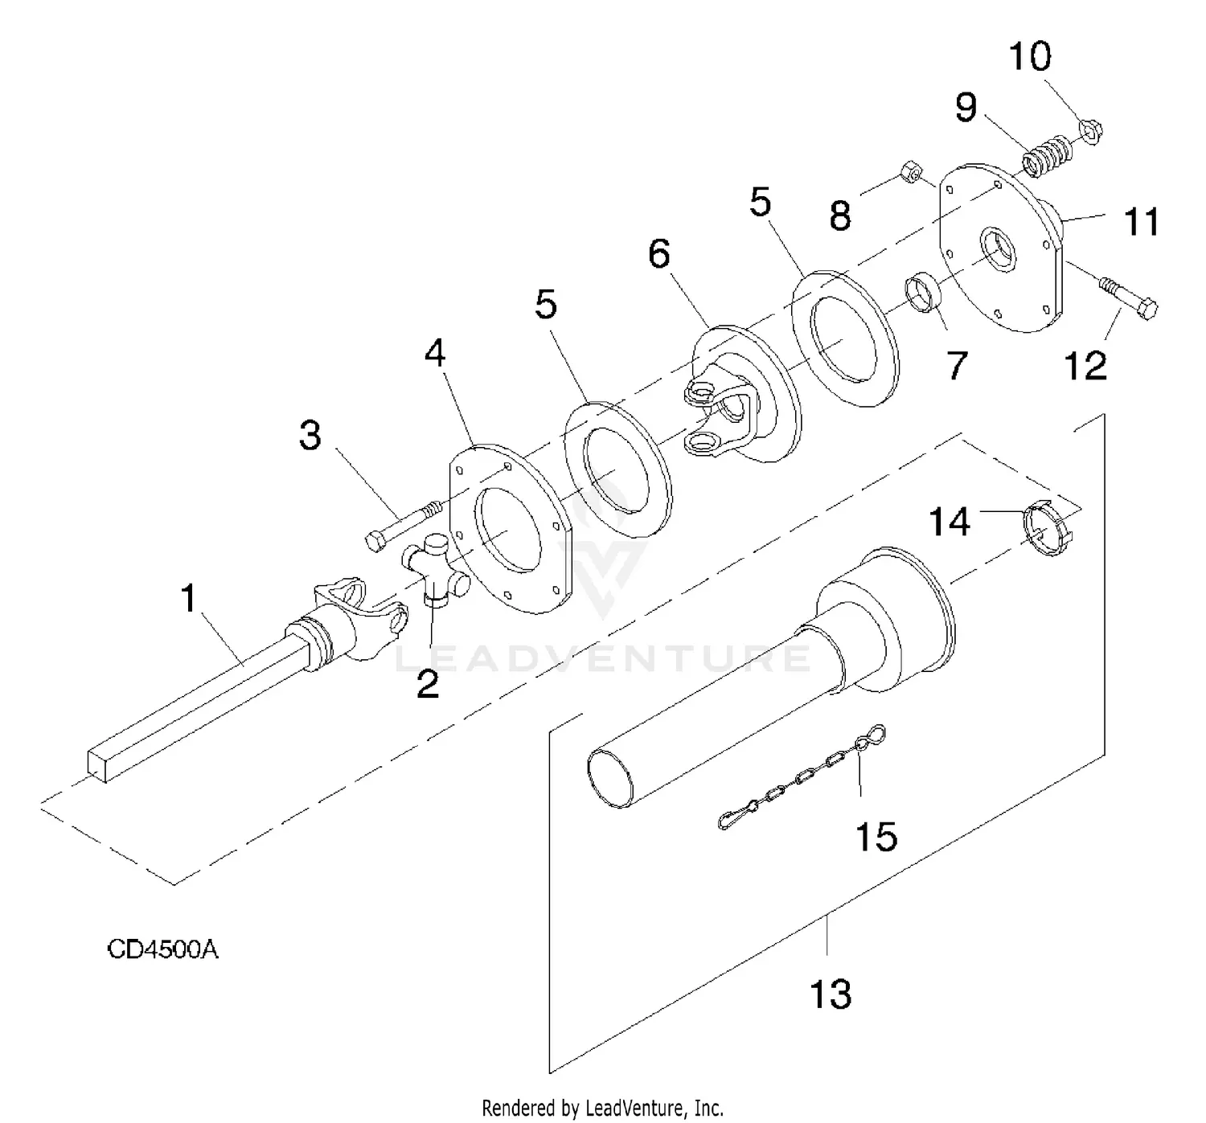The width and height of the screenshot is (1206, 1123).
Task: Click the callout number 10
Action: point(1030,56)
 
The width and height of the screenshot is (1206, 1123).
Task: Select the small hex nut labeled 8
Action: point(911,172)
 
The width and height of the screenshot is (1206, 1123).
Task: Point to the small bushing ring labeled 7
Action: point(923,292)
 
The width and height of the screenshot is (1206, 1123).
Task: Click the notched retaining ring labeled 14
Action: point(1048,532)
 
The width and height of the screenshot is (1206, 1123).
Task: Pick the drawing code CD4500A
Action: point(162,949)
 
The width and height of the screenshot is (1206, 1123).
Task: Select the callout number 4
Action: point(435,353)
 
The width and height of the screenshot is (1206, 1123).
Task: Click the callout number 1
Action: point(189,597)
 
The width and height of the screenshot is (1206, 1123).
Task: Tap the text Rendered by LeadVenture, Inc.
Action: point(602,1108)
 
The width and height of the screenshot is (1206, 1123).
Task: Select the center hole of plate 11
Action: point(999,248)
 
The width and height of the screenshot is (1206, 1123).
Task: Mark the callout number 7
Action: point(956,366)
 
